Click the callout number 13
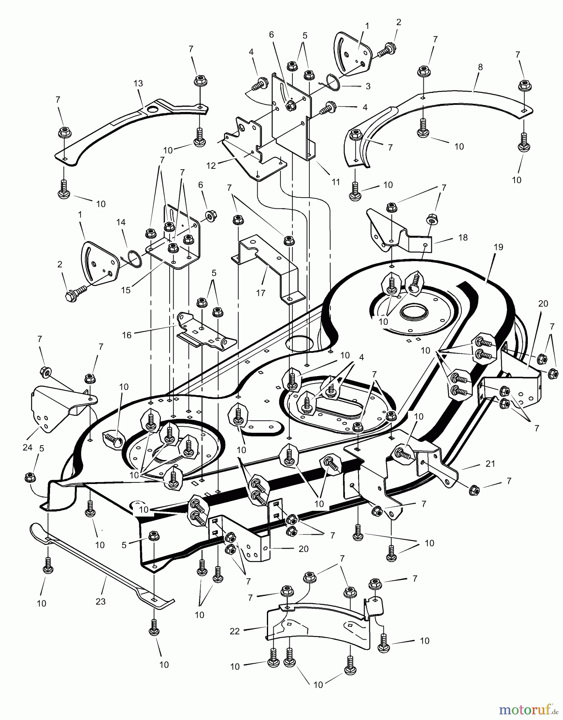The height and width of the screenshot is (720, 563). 138,83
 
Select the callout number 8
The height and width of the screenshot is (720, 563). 480,67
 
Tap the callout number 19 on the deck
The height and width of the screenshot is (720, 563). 498,247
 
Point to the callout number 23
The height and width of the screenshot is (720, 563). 100,601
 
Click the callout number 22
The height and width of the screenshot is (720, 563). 234,631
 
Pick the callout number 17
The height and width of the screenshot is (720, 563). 260,293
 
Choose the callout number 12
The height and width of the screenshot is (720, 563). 211,165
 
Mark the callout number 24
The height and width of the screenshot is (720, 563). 27,448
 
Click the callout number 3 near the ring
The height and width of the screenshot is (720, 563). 368,86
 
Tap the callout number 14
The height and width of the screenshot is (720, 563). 121,222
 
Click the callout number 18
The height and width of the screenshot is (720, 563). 463,237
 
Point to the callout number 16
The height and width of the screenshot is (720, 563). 126,335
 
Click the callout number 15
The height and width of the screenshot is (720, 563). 126,290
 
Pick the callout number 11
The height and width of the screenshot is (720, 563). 336,182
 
